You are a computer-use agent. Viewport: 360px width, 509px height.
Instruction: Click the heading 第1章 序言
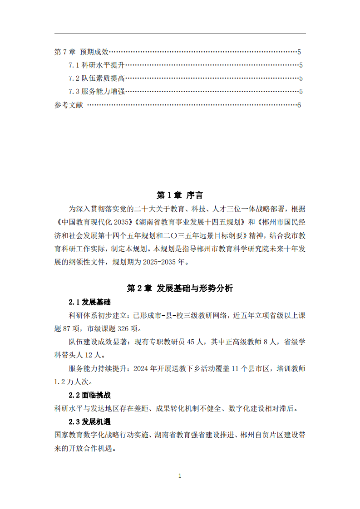point(180,195)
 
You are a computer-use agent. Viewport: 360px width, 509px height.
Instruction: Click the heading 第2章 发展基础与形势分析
point(180,288)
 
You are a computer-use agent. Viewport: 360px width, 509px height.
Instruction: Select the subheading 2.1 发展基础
point(89,302)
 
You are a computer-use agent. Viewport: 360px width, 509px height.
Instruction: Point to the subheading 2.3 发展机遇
point(89,421)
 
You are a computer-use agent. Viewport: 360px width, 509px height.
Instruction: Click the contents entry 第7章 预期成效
point(81,52)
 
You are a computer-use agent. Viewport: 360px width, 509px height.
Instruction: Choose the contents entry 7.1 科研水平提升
point(97,65)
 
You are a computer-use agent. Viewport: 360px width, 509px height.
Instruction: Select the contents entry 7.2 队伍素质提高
point(97,78)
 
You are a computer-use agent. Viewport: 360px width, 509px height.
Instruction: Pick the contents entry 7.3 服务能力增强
point(97,92)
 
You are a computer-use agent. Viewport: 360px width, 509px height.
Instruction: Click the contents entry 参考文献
point(69,105)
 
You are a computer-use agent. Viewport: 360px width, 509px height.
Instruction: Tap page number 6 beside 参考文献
point(299,105)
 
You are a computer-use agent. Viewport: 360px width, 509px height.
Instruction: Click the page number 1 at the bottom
point(180,475)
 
